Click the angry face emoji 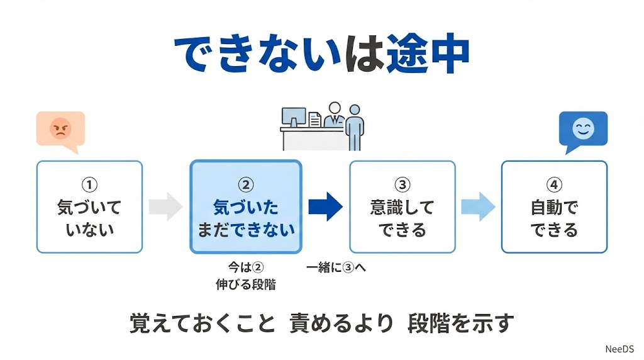pos(60,129)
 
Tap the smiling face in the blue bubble pos(583,129)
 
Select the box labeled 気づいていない pos(89,207)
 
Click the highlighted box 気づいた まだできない pos(246,207)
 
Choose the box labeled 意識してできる pos(402,207)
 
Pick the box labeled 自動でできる pos(554,207)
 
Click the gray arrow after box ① pos(165,207)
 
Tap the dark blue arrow pos(325,206)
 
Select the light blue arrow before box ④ pos(478,207)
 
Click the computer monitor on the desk pos(294,117)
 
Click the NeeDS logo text pos(620,348)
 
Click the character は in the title pos(364,55)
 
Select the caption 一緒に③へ pos(336,267)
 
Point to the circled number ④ pos(553,184)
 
